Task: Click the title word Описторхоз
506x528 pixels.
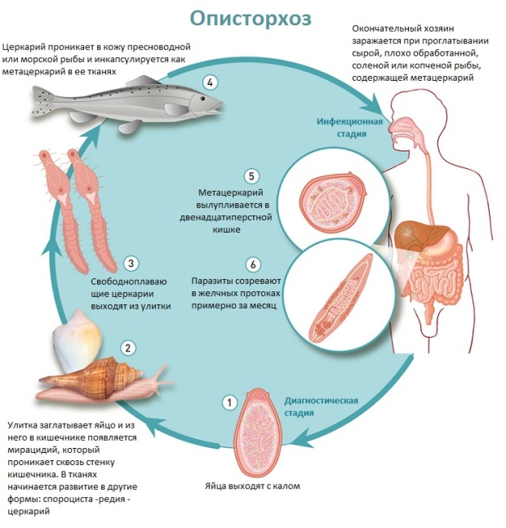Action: (252, 18)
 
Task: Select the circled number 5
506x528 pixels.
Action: (251, 175)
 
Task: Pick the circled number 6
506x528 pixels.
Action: (254, 264)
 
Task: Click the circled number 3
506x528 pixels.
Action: (131, 263)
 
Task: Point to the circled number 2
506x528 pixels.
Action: (128, 348)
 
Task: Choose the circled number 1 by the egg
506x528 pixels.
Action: (229, 402)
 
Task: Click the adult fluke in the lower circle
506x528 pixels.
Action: (334, 296)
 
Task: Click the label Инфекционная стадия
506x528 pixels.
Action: (350, 129)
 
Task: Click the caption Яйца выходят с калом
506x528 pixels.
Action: (252, 486)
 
